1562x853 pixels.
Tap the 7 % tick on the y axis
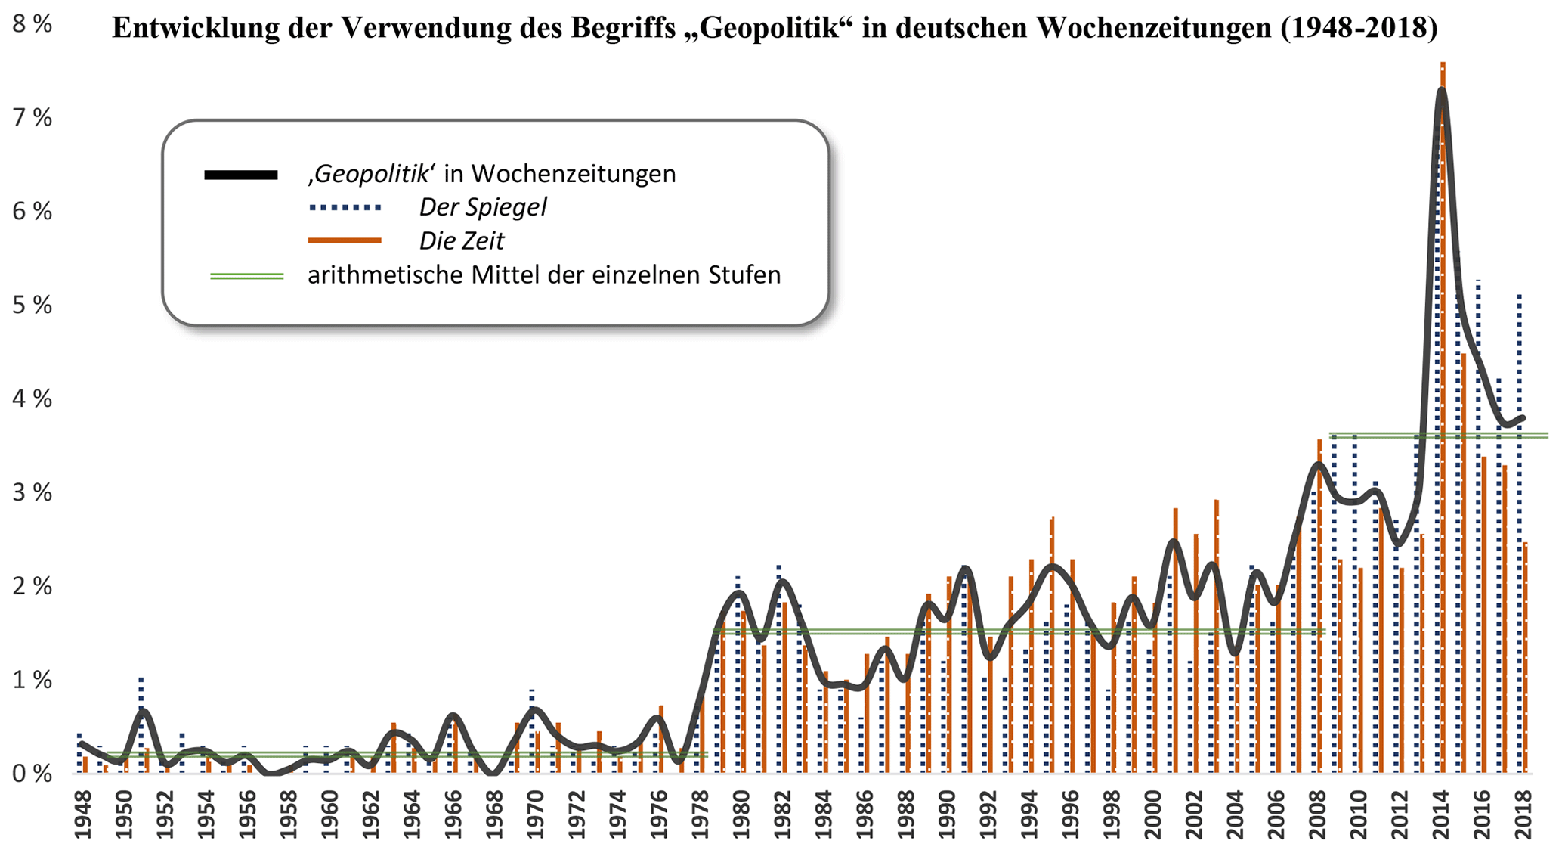[32, 118]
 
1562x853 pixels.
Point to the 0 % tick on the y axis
[32, 774]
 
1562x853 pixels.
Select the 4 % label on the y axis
[32, 399]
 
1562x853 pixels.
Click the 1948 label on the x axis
[82, 814]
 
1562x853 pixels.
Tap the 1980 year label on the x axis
[741, 814]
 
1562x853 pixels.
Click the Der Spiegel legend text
[483, 207]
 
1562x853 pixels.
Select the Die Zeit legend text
[461, 241]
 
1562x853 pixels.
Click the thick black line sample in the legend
[240, 175]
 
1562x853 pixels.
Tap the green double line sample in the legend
[246, 276]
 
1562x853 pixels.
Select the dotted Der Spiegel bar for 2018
[1519, 529]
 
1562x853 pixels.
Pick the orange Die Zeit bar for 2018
[1526, 658]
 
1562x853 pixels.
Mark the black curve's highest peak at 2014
[1441, 91]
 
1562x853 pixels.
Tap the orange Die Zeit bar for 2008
[1319, 605]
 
